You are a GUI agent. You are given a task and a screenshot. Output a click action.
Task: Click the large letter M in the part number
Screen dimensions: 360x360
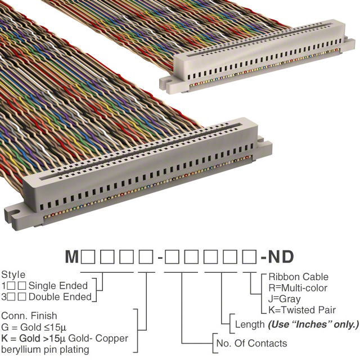pyautogui.click(x=72, y=256)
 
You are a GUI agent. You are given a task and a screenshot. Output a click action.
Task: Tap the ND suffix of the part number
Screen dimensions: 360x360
pyautogui.click(x=281, y=256)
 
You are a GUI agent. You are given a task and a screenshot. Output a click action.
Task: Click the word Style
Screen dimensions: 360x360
pyautogui.click(x=13, y=275)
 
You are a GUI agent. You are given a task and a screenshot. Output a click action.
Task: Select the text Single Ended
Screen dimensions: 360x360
pyautogui.click(x=58, y=286)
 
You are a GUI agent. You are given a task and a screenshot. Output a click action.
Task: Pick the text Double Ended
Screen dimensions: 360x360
pyautogui.click(x=60, y=297)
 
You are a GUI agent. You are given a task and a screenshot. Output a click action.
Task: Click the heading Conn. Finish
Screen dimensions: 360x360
pyautogui.click(x=29, y=316)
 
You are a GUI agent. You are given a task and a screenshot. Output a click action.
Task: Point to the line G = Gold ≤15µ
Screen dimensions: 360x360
pyautogui.click(x=34, y=327)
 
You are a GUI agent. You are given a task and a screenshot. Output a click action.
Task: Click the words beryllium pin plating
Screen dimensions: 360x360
pyautogui.click(x=45, y=350)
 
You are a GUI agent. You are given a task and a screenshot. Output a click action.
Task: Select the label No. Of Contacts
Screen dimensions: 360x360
pyautogui.click(x=251, y=344)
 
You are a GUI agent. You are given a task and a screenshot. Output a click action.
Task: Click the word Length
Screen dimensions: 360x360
pyautogui.click(x=250, y=325)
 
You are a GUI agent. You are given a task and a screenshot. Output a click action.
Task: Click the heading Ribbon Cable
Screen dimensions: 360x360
pyautogui.click(x=299, y=277)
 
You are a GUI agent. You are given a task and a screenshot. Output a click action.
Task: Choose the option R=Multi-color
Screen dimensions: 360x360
pyautogui.click(x=298, y=288)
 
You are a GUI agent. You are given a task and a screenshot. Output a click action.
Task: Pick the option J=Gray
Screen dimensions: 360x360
pyautogui.click(x=285, y=299)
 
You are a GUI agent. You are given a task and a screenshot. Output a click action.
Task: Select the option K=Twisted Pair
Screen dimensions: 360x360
pyautogui.click(x=302, y=310)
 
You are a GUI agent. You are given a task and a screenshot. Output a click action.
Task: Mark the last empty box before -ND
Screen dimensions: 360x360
pyautogui.click(x=249, y=257)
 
